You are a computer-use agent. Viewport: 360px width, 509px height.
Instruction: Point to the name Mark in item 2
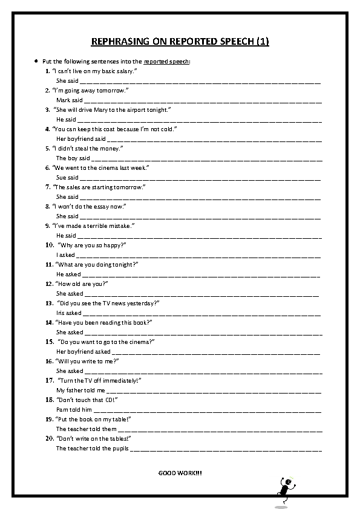point(63,100)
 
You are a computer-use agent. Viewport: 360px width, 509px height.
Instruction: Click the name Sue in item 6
point(61,178)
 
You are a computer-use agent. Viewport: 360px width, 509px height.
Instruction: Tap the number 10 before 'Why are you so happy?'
point(50,245)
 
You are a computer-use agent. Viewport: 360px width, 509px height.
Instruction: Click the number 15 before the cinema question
point(50,342)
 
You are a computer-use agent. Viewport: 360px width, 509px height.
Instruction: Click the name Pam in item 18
point(61,410)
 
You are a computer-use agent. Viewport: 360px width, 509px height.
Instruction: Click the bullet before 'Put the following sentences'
point(36,62)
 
